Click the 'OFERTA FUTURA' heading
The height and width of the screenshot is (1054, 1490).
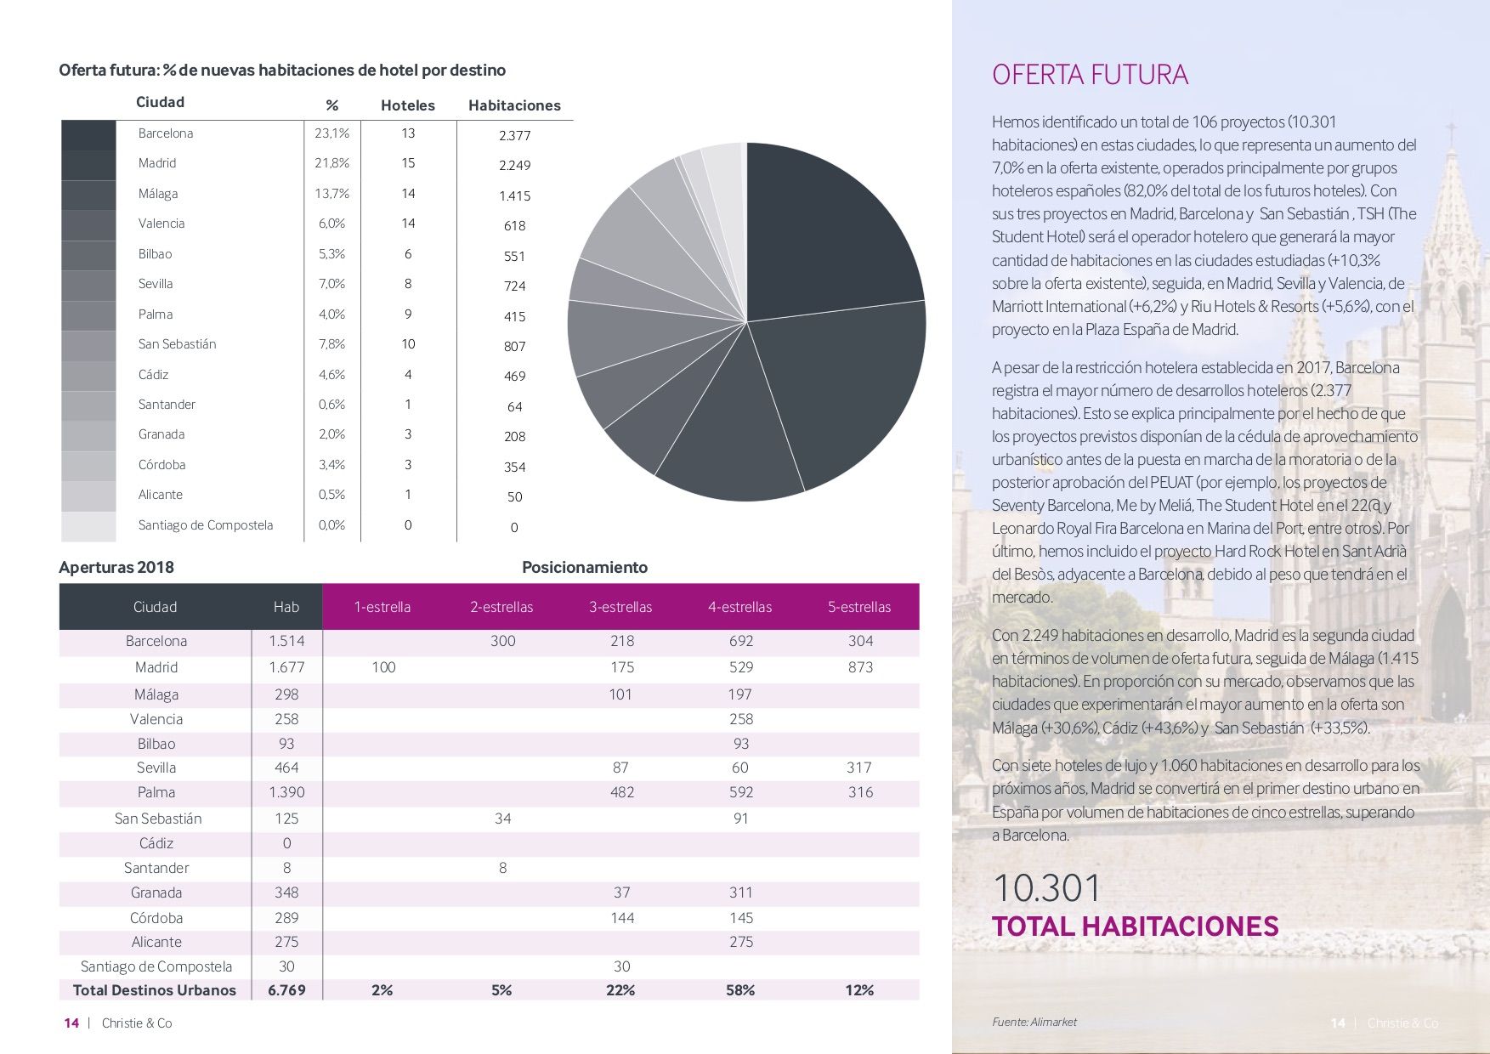pos(1090,75)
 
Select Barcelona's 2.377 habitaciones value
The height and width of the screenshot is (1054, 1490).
pos(514,135)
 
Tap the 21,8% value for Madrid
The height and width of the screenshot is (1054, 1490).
pos(331,163)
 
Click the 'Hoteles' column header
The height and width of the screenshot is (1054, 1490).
pos(408,105)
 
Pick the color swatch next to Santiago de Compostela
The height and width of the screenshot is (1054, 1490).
pos(88,526)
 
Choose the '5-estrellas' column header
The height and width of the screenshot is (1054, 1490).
pos(859,607)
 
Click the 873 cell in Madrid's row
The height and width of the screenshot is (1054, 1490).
pos(860,667)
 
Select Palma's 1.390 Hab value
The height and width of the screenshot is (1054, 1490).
pos(286,792)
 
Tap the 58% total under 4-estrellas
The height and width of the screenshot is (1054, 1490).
pos(740,990)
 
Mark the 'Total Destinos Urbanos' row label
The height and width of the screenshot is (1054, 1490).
pos(155,990)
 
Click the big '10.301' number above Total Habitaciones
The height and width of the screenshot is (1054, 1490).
pos(1046,888)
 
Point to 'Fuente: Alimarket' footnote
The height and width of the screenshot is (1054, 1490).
pos(1034,1023)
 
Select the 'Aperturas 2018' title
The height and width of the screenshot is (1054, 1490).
pos(116,567)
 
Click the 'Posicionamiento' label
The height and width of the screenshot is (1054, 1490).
pos(585,567)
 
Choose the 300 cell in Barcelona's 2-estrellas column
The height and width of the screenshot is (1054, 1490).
pos(502,641)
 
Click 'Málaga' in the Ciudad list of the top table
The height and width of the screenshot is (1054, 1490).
pos(158,194)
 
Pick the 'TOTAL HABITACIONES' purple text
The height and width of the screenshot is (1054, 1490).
pos(1136,926)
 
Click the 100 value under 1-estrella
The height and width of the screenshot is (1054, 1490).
pos(383,667)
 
